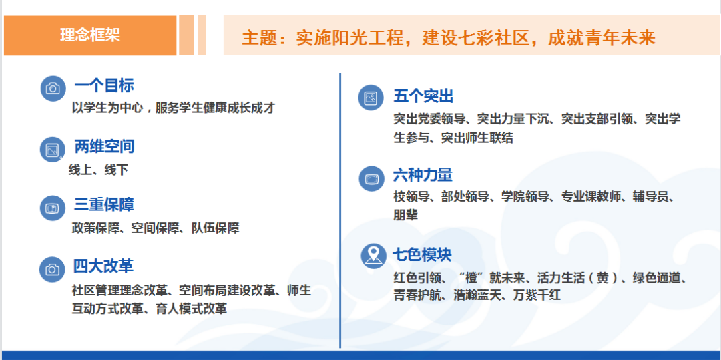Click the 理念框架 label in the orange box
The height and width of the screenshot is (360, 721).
pos(90,35)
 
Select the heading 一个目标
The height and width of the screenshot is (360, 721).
pos(104,85)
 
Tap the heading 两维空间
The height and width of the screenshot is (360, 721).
pos(104,146)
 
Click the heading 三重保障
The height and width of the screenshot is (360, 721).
pos(104,204)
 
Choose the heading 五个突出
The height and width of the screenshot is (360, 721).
pos(423,96)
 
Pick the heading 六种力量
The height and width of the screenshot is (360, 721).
pos(423,175)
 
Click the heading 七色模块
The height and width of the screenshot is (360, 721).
pos(423,254)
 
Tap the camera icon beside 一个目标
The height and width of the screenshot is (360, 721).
pos(53,88)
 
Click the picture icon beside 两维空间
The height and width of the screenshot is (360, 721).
pos(53,150)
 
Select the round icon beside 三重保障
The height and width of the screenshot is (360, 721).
pos(53,208)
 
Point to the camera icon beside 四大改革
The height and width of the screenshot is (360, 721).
pos(52,269)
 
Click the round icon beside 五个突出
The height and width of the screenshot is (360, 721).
pos(371,98)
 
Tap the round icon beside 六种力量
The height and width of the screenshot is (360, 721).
pos(371,178)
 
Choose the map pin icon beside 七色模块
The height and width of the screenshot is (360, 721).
pos(373,255)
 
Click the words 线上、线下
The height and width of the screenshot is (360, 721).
pos(98,170)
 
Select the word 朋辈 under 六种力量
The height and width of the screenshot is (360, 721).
pos(406,215)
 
